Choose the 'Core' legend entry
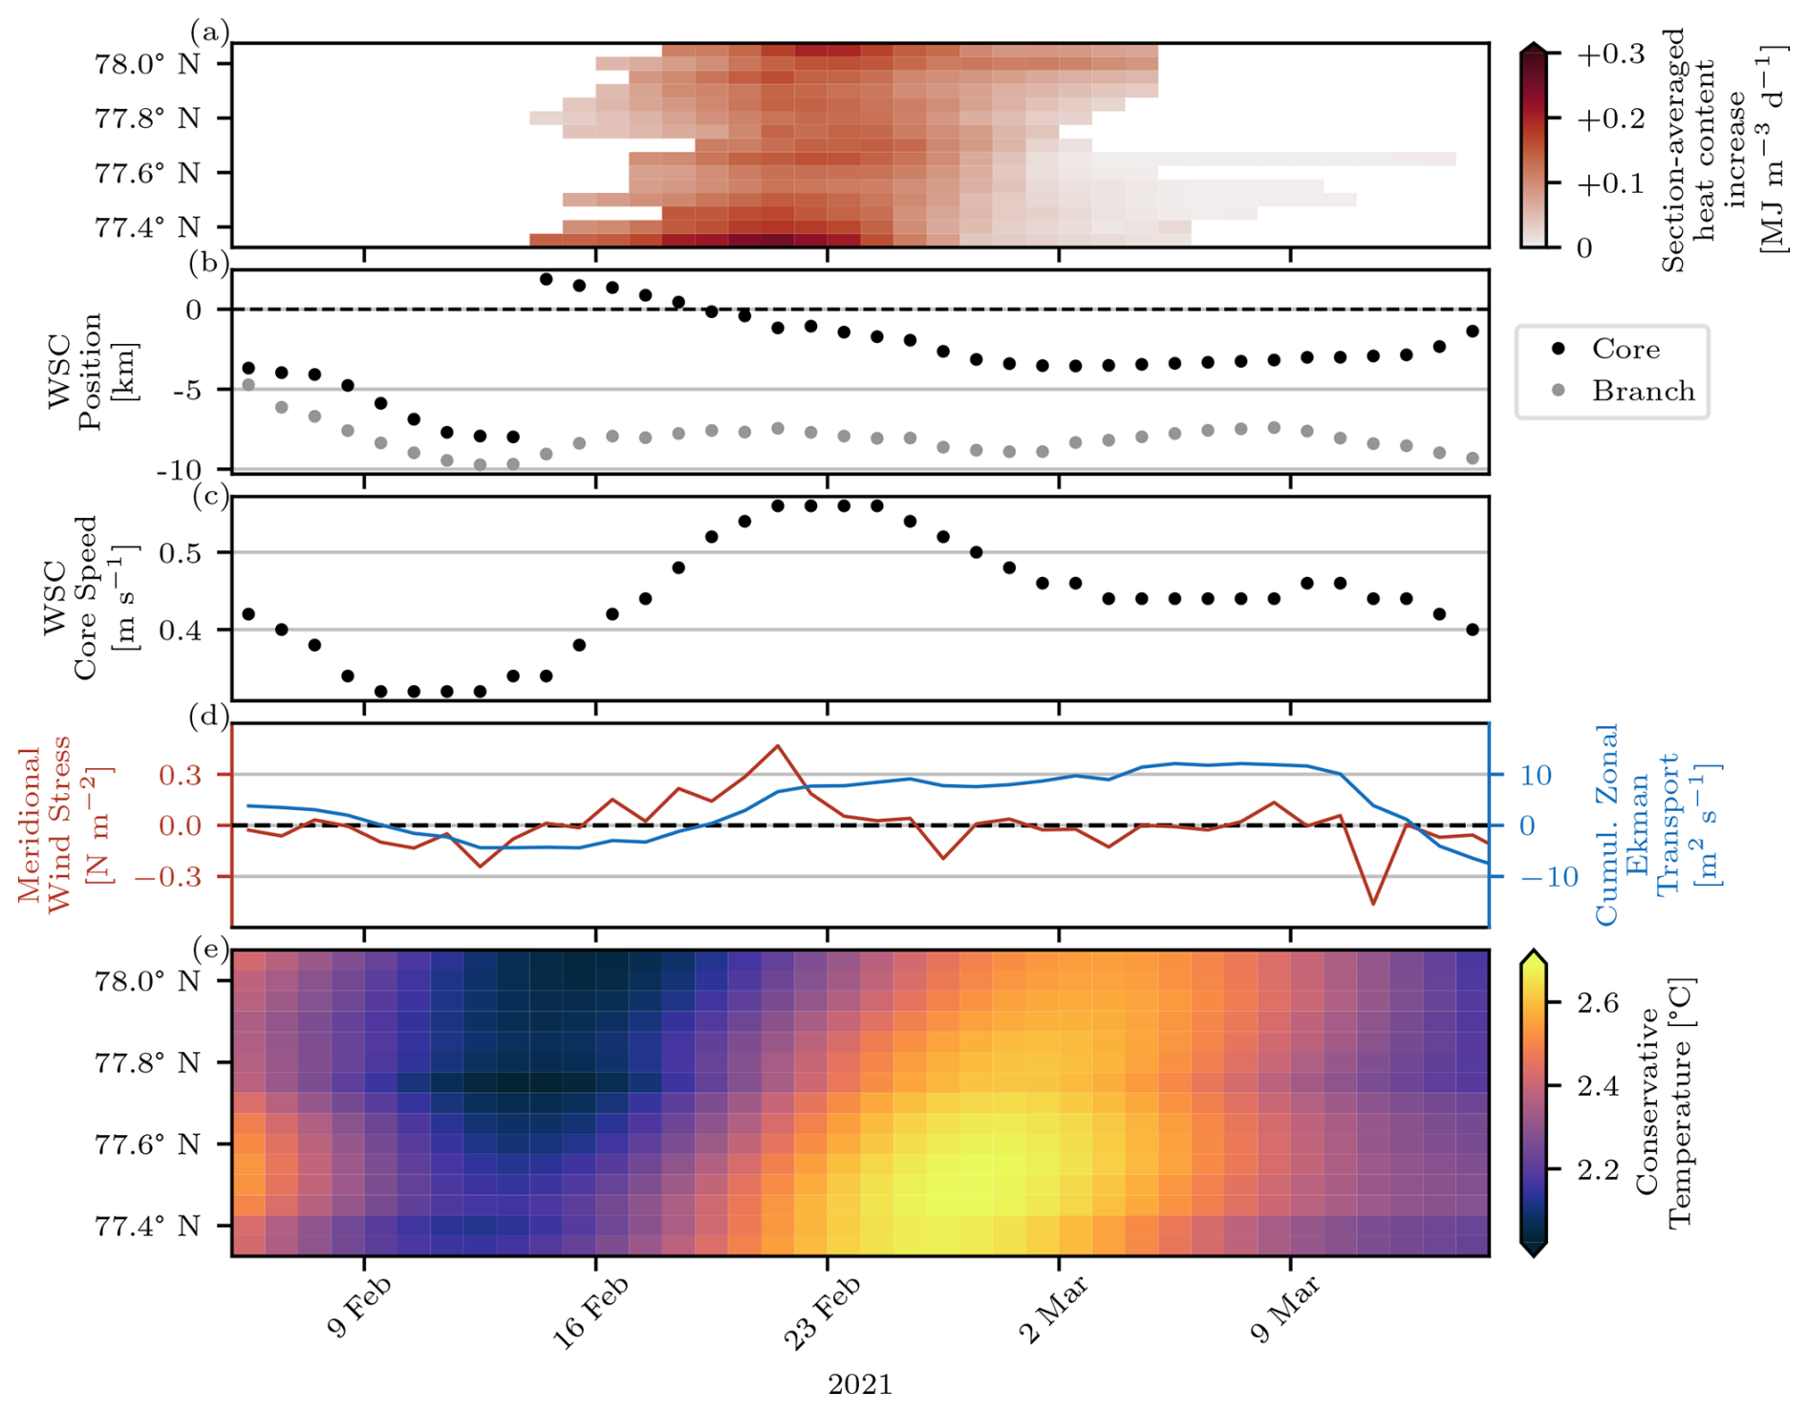coord(1625,350)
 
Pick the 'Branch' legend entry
coord(1643,392)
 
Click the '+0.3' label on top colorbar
coord(1610,54)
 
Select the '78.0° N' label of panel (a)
coord(147,64)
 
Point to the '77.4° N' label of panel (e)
coord(147,1226)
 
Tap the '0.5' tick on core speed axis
coord(201,553)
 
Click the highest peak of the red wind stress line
coord(778,745)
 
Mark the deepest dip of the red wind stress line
coord(1373,904)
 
